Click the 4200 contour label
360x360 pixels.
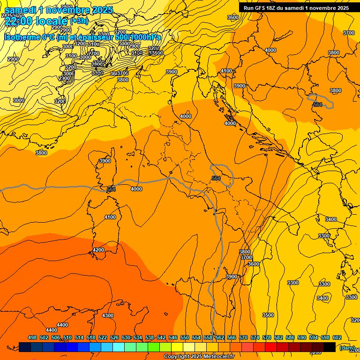98,250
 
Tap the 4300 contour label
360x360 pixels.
108,315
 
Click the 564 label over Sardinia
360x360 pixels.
111,189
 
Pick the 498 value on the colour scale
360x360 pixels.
32,337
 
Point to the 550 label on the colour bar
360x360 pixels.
185,337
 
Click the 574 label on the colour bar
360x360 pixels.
255,337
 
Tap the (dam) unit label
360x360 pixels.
347,347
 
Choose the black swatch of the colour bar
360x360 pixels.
330,347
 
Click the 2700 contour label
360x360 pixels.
94,53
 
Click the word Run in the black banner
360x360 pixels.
248,8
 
